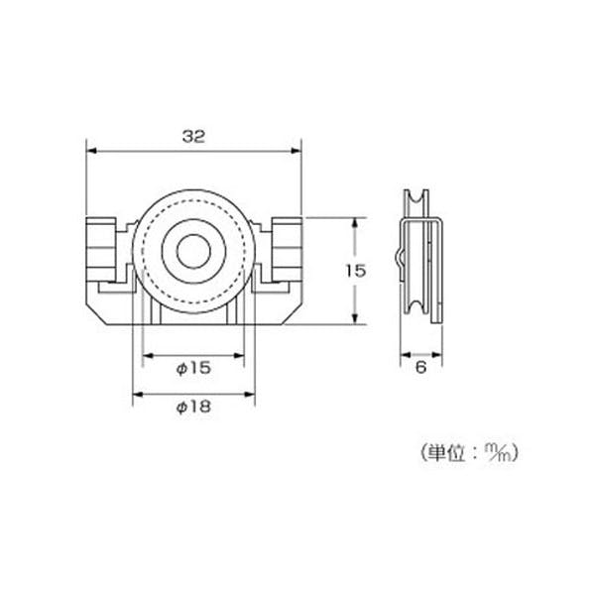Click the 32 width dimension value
[x=193, y=139]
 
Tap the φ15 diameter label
[x=193, y=368]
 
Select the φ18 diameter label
[x=193, y=407]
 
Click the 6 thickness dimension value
[x=420, y=367]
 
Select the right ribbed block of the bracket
[x=283, y=251]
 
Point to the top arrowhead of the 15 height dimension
[x=354, y=220]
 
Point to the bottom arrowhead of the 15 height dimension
[x=354, y=319]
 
